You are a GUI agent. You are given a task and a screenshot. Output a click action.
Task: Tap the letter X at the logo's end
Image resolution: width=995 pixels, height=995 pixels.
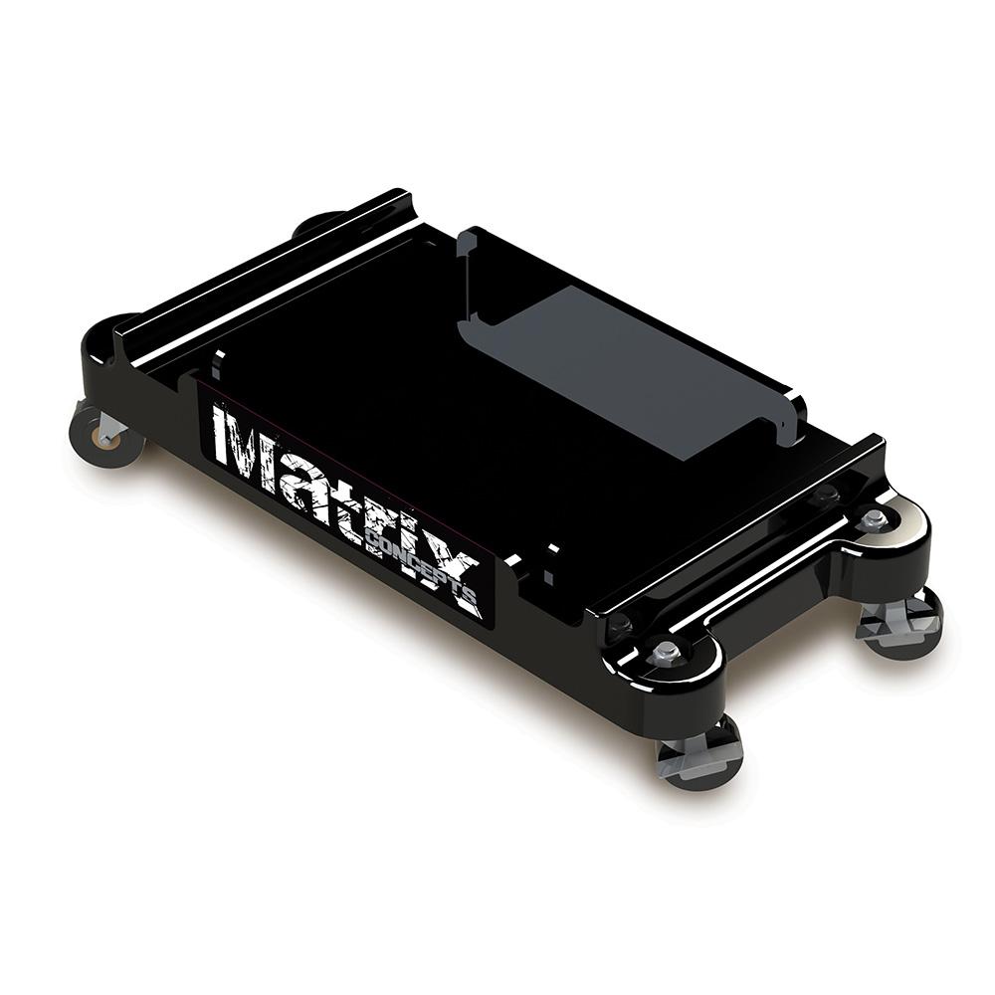pos(456,581)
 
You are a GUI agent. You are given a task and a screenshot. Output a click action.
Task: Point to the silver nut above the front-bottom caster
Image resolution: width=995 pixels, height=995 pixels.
pos(665,652)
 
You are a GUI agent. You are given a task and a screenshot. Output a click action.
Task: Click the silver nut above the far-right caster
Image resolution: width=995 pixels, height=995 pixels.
pos(874,518)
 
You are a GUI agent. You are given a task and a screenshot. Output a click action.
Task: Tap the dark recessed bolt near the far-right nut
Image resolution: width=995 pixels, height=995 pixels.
pos(823,495)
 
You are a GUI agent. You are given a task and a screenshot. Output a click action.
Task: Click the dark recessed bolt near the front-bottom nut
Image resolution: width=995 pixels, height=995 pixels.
pos(619,624)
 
